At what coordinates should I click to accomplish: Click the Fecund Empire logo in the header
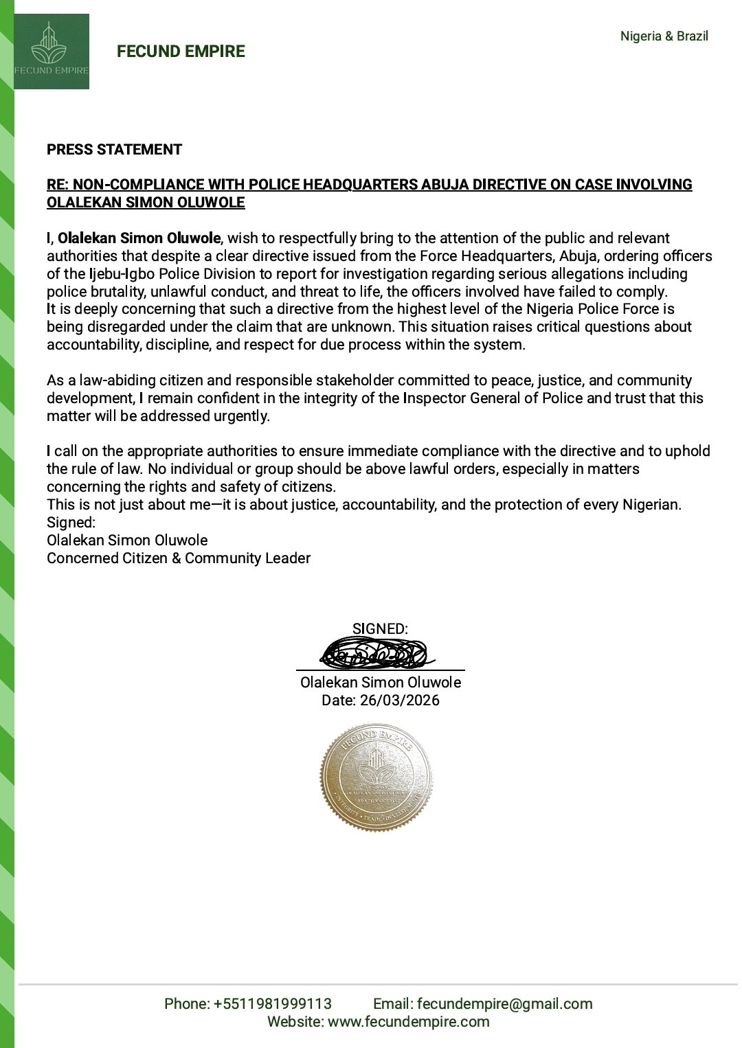[x=52, y=52]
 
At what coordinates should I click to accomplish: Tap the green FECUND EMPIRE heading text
[x=181, y=52]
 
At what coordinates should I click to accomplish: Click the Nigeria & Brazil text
[x=664, y=36]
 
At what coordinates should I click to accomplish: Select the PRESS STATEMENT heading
[x=114, y=150]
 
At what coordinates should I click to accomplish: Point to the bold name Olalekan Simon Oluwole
[x=139, y=238]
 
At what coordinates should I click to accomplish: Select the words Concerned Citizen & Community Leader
[x=179, y=558]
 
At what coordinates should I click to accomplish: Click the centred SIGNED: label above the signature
[x=380, y=629]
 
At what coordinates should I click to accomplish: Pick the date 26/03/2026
[x=400, y=700]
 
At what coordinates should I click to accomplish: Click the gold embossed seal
[x=376, y=776]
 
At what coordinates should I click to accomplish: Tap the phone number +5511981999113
[x=273, y=1004]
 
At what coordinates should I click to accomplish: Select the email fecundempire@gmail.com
[x=504, y=1004]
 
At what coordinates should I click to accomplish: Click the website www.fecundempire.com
[x=409, y=1022]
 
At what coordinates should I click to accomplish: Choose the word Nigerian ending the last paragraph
[x=650, y=505]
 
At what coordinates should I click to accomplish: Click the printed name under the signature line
[x=381, y=683]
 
